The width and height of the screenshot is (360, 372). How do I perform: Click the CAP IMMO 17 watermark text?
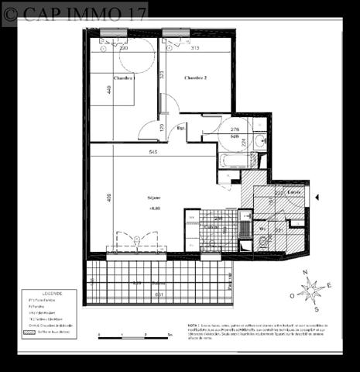tap(75, 14)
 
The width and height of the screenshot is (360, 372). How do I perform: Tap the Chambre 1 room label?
tap(124, 78)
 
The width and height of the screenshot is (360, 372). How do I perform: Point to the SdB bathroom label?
tap(234, 136)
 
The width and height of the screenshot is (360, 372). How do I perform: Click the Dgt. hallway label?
tap(180, 128)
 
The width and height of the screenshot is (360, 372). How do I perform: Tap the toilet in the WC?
tap(263, 242)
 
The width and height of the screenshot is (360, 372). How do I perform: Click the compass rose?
tap(310, 291)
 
